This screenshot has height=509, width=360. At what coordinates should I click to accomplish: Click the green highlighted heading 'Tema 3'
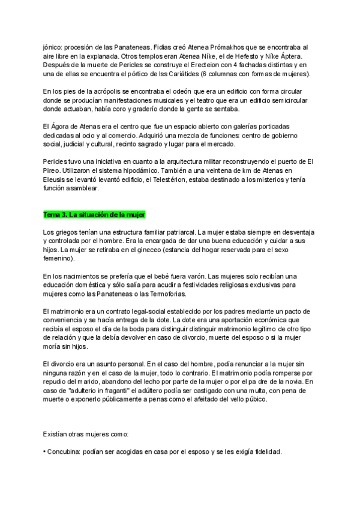[94, 214]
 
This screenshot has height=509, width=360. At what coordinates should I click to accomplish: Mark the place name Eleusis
[56, 180]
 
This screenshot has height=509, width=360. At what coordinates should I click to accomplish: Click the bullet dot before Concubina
[44, 451]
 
